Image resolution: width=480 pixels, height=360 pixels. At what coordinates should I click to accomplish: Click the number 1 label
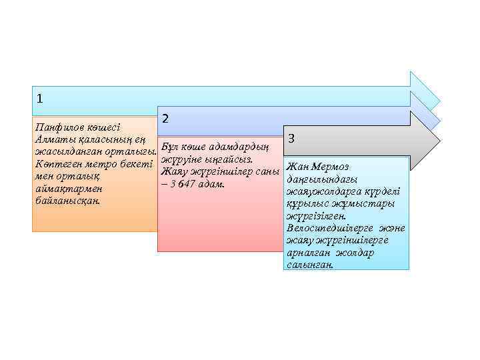tap(40, 99)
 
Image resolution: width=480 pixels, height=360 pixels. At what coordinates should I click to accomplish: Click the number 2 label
tap(165, 118)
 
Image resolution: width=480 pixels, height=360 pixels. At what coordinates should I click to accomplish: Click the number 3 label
tap(291, 139)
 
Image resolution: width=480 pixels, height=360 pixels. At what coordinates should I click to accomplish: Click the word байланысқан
tap(67, 200)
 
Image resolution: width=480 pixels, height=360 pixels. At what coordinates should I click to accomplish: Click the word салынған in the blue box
tap(310, 264)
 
